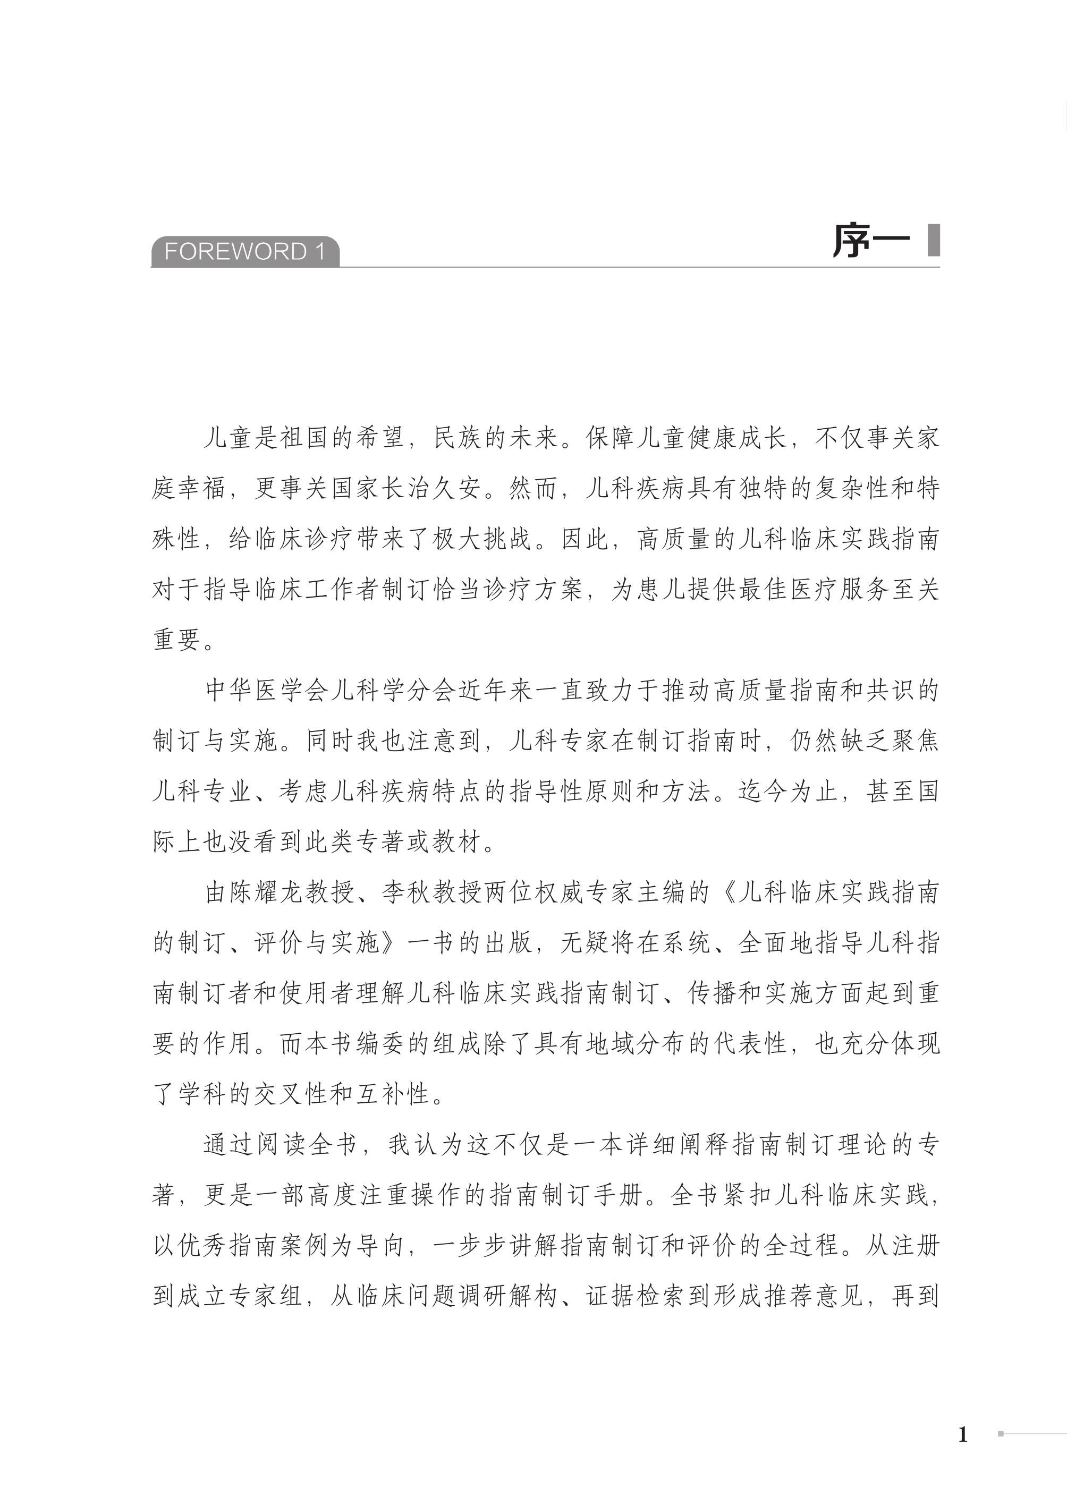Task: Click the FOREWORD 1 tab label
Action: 244,252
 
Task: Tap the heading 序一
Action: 870,241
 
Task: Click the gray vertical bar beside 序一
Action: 933,241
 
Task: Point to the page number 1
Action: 963,1434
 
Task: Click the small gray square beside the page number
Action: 1001,1434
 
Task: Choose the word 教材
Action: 458,842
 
